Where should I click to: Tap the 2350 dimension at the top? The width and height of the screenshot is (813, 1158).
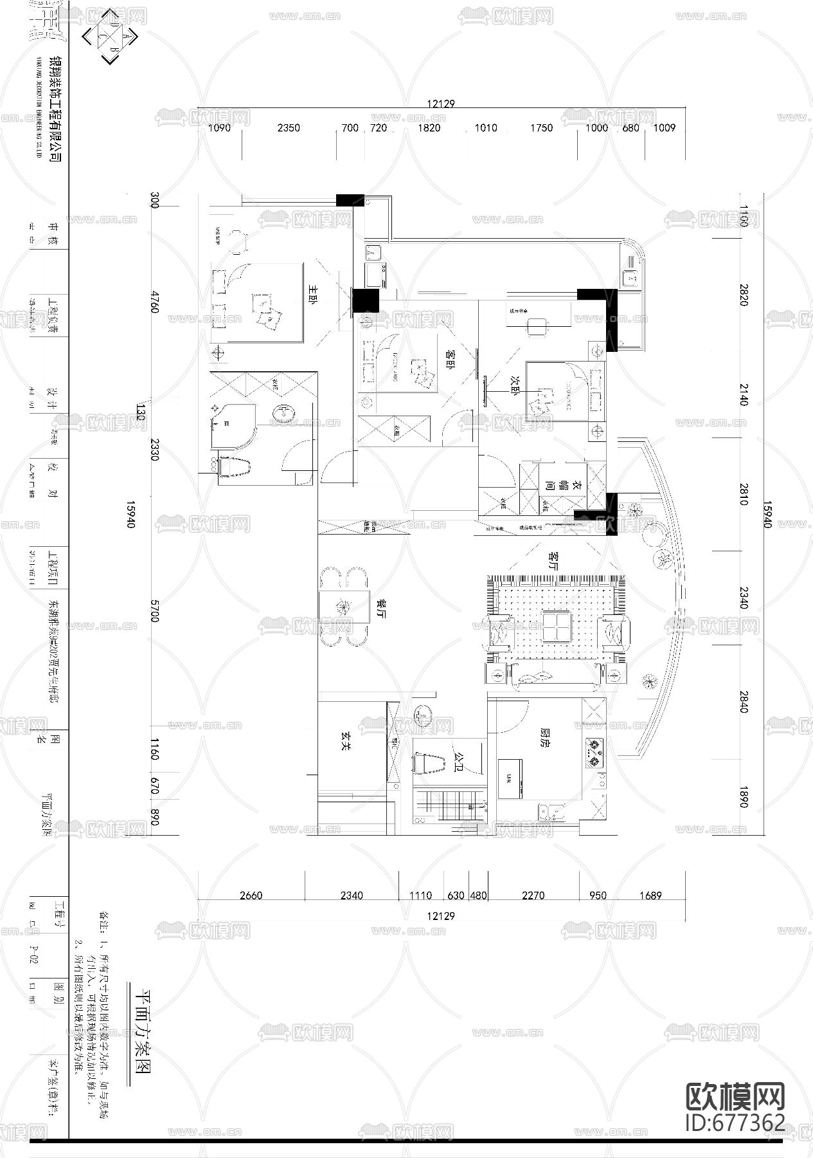click(x=289, y=128)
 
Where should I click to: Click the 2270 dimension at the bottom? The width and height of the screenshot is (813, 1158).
click(x=533, y=895)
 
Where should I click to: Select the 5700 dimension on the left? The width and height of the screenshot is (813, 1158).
click(x=154, y=611)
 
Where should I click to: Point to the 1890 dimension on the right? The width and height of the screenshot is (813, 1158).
click(x=744, y=797)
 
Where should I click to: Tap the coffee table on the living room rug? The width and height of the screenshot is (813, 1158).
click(x=555, y=626)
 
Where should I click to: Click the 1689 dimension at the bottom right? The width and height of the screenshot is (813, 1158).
click(x=650, y=895)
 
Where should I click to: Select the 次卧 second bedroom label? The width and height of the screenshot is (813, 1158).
click(x=514, y=381)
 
